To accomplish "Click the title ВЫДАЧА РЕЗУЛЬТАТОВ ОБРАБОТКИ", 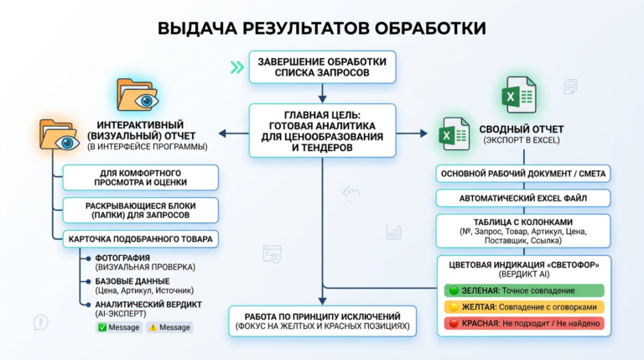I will tap(322, 28).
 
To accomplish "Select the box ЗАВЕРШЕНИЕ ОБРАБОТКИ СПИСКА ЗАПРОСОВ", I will tap(322, 68).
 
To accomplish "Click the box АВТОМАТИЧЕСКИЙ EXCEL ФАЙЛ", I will tap(522, 199).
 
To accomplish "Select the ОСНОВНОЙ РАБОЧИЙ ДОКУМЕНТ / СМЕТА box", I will tap(522, 175).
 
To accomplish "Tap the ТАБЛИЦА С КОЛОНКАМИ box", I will tap(522, 232).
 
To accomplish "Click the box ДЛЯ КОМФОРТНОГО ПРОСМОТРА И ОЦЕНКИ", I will tap(140, 176).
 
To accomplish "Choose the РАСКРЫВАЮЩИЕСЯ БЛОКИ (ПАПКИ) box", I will tap(140, 209).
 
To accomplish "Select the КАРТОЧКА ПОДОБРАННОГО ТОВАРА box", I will tap(140, 239).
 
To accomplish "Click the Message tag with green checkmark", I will tap(118, 327).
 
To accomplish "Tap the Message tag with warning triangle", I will tap(169, 327).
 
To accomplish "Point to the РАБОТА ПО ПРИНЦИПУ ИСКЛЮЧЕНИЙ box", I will tap(323, 320).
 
